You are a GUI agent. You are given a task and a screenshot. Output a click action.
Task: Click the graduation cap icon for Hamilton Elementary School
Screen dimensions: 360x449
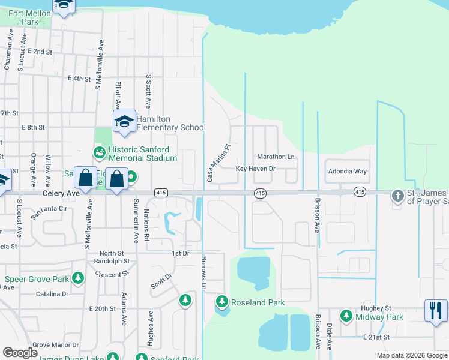coord(124,122)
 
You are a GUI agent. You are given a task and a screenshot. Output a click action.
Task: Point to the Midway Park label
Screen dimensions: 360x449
coord(379,316)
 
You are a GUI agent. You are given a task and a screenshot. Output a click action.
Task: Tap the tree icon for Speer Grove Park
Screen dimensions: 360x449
coord(78,279)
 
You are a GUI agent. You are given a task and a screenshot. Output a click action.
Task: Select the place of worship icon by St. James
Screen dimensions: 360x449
coord(397,196)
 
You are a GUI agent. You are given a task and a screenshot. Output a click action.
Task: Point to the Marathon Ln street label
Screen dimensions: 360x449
coord(276,157)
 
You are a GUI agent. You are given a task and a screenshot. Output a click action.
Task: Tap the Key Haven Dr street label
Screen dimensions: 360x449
coord(255,169)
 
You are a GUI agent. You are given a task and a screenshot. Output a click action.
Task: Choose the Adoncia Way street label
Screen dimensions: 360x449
coord(347,171)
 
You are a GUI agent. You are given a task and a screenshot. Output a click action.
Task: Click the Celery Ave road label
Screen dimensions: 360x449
coord(61,194)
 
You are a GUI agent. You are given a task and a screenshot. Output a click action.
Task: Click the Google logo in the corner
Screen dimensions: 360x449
coord(20,353)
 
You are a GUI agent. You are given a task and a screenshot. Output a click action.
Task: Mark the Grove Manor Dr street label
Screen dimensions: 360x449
coord(55,346)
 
